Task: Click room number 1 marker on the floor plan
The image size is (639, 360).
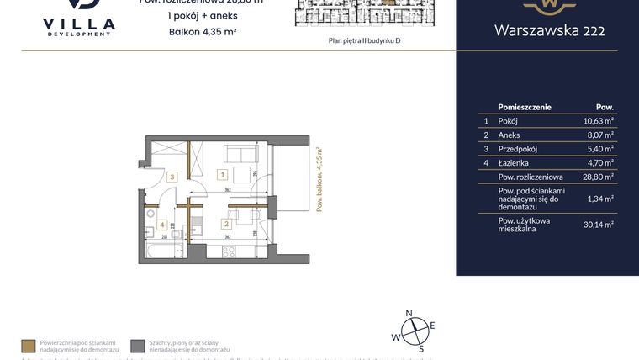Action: pos(222,176)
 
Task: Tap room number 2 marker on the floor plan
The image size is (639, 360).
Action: pos(225,224)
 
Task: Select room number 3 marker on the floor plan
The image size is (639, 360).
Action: pos(172,177)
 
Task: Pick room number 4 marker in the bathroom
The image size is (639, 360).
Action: pos(162,225)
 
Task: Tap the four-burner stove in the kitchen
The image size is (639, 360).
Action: pos(227,251)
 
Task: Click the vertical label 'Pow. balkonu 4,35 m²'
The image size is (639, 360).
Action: pos(319,184)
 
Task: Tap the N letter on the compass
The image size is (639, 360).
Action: pos(409,313)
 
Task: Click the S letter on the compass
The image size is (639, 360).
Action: pos(421,348)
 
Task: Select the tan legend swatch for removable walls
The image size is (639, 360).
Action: pos(28,345)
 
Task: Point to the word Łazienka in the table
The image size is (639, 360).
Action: pos(512,163)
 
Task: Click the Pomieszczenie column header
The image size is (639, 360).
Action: pos(525,108)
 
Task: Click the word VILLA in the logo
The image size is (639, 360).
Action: pos(78,24)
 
